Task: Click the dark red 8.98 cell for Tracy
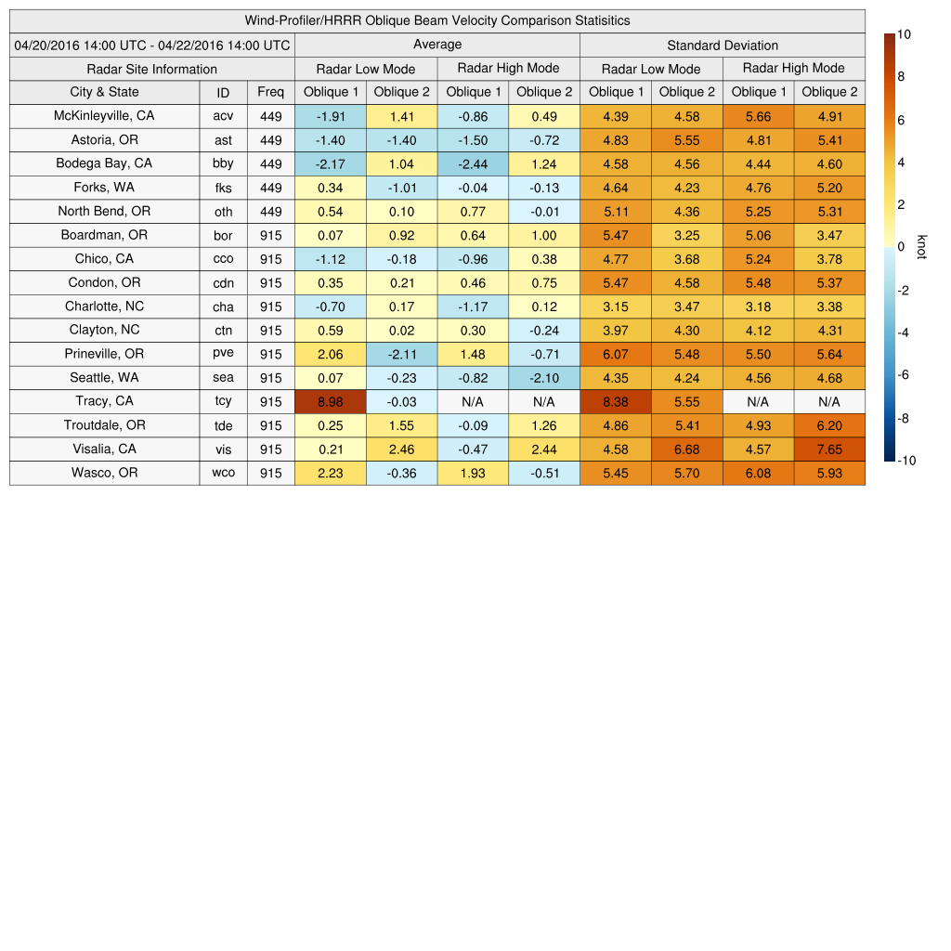(x=330, y=401)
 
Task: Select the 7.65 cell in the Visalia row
(x=829, y=449)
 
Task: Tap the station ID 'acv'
(x=223, y=116)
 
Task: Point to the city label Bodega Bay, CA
(x=104, y=163)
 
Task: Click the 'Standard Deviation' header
(x=723, y=46)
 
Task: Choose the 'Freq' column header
(x=271, y=92)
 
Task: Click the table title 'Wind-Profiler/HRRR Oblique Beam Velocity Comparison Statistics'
(x=437, y=20)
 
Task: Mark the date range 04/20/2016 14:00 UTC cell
(x=152, y=46)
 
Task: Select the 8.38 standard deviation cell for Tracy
(x=615, y=401)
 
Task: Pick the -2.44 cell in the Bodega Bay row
(x=473, y=163)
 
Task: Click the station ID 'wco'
(x=223, y=473)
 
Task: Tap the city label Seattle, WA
(x=104, y=378)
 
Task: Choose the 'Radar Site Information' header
(x=152, y=69)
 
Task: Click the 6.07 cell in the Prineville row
(x=615, y=354)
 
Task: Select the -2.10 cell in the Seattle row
(x=543, y=378)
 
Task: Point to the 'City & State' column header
(x=104, y=92)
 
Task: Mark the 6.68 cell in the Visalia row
(x=686, y=449)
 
